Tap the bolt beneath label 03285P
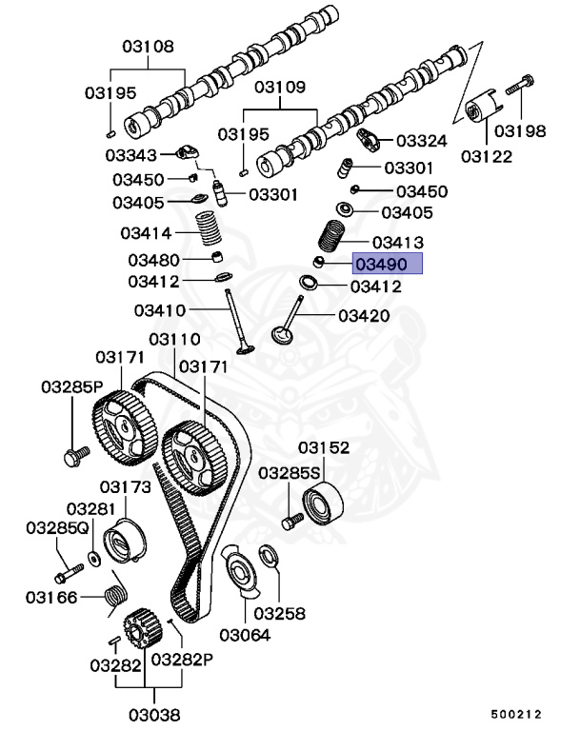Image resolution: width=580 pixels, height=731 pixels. [x=72, y=458]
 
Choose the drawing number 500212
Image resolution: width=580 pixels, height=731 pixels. [x=516, y=712]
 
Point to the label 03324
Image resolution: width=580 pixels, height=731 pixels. [x=421, y=141]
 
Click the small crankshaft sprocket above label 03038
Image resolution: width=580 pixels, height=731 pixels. [x=140, y=628]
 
